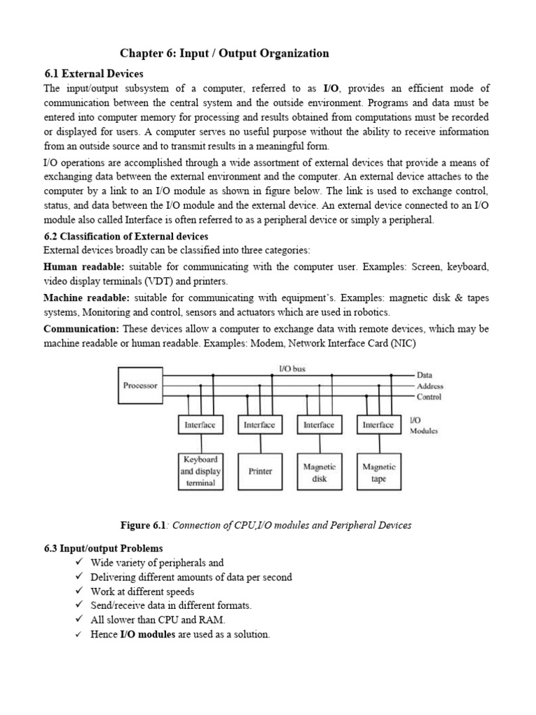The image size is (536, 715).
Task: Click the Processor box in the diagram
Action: point(140,385)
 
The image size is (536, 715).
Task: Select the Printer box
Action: point(260,471)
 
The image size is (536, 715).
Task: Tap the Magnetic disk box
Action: point(319,472)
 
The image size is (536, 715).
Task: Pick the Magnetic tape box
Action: point(378,472)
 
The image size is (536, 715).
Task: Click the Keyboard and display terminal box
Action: point(200,471)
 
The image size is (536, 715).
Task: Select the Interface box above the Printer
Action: point(260,425)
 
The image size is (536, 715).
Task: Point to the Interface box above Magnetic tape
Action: point(378,425)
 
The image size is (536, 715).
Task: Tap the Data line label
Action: point(425,375)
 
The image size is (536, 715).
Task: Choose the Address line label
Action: point(430,386)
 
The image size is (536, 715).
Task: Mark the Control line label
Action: point(429,397)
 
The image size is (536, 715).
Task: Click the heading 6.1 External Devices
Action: point(93,73)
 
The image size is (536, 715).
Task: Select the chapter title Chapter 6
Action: point(224,53)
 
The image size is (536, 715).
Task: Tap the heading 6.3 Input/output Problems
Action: point(103,548)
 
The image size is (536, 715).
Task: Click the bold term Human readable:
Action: point(84,267)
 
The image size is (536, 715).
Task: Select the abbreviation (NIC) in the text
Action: point(408,343)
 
